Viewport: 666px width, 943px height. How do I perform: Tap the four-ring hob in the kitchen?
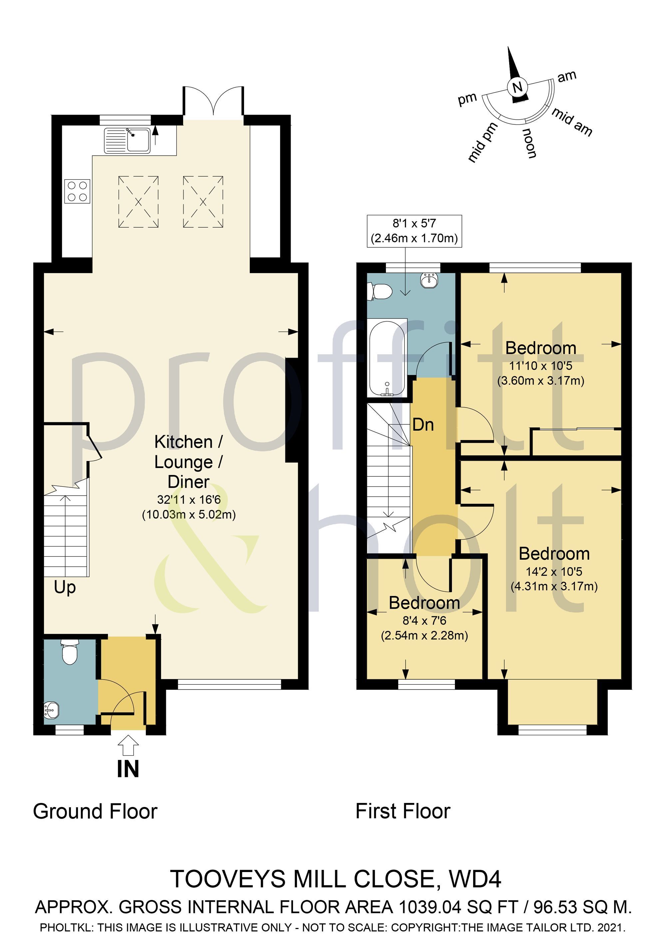[x=77, y=191]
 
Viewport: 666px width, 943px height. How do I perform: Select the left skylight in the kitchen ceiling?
[x=138, y=202]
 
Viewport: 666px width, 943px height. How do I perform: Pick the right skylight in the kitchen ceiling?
[x=203, y=202]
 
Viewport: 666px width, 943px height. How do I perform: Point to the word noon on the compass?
[x=529, y=143]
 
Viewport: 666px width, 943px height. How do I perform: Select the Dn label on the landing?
[x=423, y=425]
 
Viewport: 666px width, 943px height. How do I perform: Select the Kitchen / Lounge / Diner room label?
[x=189, y=462]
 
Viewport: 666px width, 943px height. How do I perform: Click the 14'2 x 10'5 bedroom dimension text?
[x=554, y=571]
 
